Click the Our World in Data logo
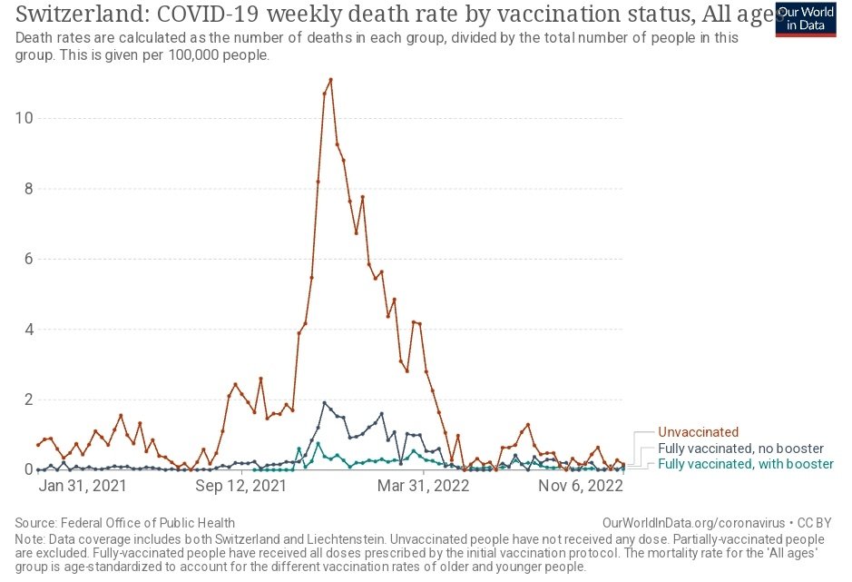click(x=806, y=18)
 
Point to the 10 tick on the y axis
click(x=23, y=118)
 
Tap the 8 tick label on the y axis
click(x=26, y=189)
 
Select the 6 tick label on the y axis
click(x=26, y=259)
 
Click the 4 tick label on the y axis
click(x=26, y=330)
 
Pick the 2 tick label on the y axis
click(x=26, y=400)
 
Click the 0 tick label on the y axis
click(x=26, y=469)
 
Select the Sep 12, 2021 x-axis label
click(x=236, y=486)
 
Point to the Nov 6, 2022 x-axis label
click(x=582, y=486)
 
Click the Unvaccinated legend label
click(x=699, y=432)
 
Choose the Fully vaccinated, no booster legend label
click(x=741, y=449)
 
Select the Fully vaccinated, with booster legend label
click(x=745, y=464)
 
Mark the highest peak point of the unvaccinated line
click(x=330, y=79)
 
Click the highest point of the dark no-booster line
click(x=325, y=402)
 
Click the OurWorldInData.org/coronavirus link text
click(x=693, y=523)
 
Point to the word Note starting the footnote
click(x=30, y=538)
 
